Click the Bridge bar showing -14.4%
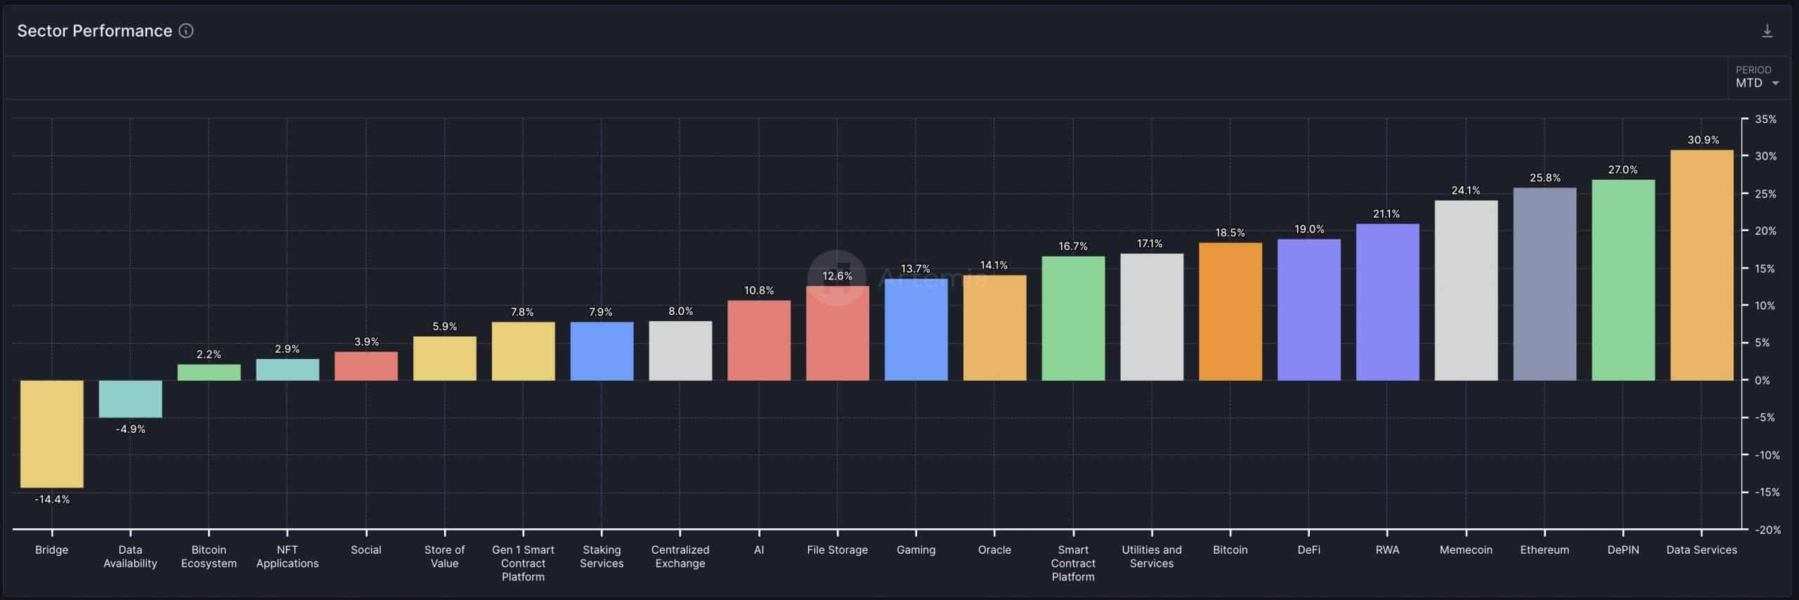(51, 433)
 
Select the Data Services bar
(1701, 266)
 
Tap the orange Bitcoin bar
(1230, 312)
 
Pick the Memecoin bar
(1466, 291)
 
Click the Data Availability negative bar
(130, 399)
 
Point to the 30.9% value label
(1703, 140)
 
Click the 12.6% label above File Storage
(837, 276)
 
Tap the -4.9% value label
(130, 429)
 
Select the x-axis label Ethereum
(1544, 550)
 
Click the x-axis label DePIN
(1623, 550)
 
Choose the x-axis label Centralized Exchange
(680, 556)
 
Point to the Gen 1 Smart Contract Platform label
(523, 563)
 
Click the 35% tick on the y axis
(1765, 119)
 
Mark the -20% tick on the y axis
(1767, 530)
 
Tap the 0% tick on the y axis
(1762, 380)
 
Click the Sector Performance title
(94, 31)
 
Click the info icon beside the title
(186, 31)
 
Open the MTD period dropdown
(1756, 83)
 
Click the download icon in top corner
(1767, 31)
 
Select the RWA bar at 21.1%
(1387, 302)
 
